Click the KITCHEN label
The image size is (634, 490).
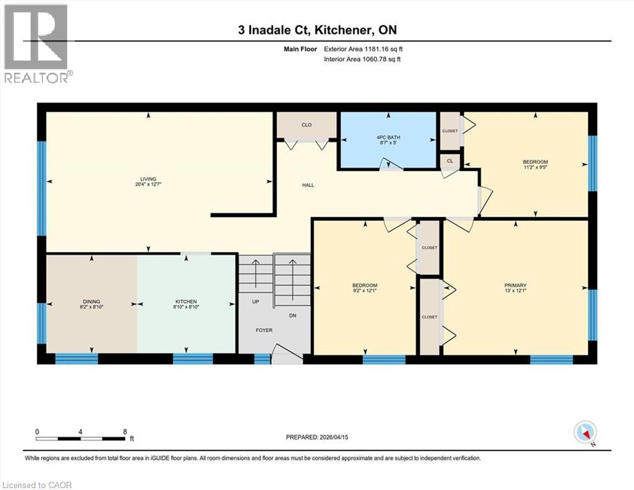click(x=186, y=302)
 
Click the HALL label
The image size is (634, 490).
click(x=308, y=186)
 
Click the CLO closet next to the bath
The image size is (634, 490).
click(x=306, y=124)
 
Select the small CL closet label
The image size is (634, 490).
click(x=449, y=161)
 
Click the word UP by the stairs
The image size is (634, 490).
click(x=255, y=301)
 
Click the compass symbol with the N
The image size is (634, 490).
click(x=585, y=433)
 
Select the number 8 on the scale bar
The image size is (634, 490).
click(x=125, y=431)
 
